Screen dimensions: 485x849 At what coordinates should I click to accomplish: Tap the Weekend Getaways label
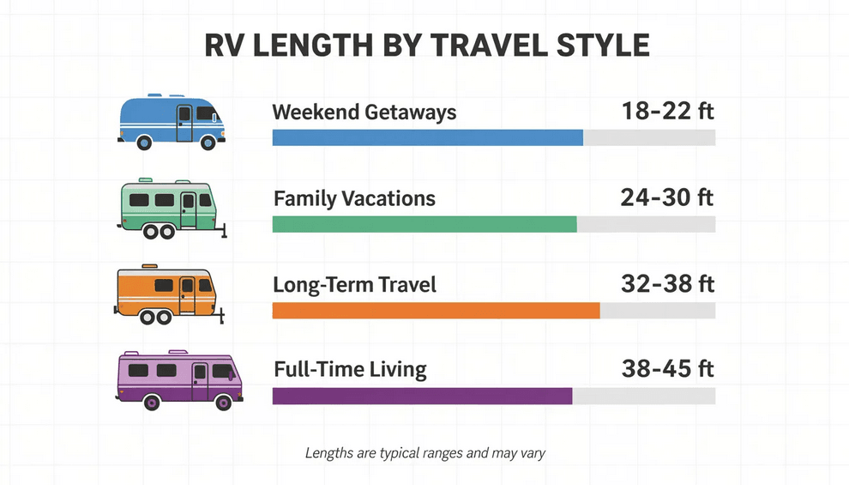point(364,112)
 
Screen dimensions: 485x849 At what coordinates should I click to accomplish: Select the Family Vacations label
point(354,199)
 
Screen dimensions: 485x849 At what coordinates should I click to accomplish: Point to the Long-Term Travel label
point(354,284)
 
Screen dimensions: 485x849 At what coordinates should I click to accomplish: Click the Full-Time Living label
point(350,370)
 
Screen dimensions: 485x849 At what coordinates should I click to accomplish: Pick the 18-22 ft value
point(668,112)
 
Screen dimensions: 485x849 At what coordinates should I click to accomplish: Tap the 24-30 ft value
point(666,198)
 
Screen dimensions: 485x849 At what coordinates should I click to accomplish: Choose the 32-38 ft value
point(667,283)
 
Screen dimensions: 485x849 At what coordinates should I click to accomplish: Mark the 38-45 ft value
point(667,370)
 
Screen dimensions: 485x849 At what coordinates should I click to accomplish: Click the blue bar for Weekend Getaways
point(427,137)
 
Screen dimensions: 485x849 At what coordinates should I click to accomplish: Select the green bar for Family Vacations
point(424,224)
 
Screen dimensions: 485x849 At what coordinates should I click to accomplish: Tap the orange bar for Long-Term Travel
point(436,310)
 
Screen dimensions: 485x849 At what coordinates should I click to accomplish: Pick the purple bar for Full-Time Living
point(422,396)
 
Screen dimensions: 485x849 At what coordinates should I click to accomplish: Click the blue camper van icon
point(171,122)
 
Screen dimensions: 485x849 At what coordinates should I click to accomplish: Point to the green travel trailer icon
point(171,209)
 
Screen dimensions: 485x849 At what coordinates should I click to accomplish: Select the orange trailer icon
point(167,294)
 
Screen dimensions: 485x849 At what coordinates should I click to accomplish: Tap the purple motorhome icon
point(178,379)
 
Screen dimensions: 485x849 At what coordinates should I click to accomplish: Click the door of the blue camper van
point(184,123)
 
